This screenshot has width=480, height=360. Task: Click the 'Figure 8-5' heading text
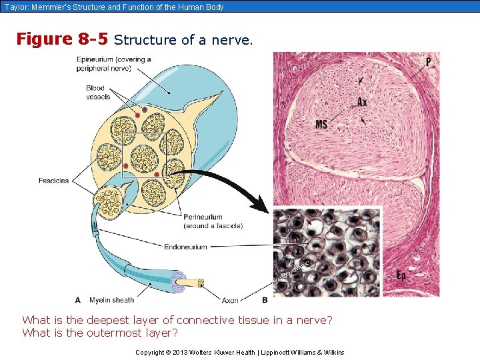(x=62, y=39)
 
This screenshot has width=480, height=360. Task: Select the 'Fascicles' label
(x=53, y=181)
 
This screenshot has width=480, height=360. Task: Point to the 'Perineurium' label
(x=204, y=217)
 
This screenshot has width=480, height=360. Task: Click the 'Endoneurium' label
(x=185, y=247)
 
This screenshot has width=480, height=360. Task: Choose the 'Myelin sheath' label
(x=112, y=300)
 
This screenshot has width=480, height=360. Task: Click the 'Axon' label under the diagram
(x=230, y=300)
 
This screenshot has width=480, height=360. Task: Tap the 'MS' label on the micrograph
(x=321, y=125)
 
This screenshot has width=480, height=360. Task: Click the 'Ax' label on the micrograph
(x=362, y=102)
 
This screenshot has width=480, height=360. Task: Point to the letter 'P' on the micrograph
(x=428, y=62)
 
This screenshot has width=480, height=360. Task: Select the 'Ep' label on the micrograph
(x=401, y=275)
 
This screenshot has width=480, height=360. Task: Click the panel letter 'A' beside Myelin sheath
(x=78, y=300)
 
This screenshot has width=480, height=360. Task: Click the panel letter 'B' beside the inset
(x=265, y=300)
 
